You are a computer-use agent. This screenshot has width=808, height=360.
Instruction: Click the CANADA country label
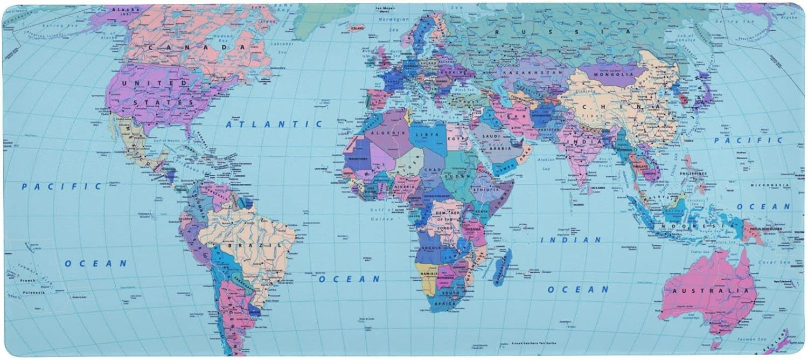tap(197, 47)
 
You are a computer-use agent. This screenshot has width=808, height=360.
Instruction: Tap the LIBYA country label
tap(431, 134)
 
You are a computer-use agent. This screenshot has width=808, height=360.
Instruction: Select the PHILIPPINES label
tap(693, 174)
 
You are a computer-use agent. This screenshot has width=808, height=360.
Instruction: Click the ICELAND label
tap(357, 27)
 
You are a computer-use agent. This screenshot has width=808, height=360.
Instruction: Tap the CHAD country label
tap(434, 170)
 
